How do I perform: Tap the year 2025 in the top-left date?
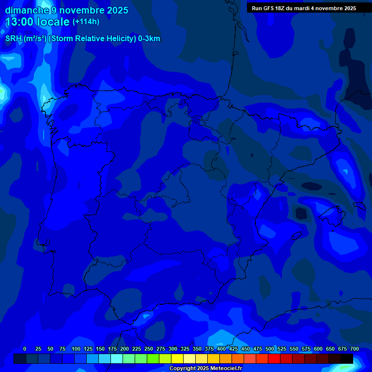pos(117,10)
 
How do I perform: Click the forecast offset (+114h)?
pos(86,22)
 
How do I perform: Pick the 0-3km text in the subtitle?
pos(149,39)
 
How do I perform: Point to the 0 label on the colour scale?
pos(25,349)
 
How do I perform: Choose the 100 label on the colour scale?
pos(76,349)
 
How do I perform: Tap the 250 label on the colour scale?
pos(149,349)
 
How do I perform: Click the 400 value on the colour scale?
pos(221,349)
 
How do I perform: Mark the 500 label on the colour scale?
pos(270,349)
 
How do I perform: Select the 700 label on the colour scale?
pos(355,349)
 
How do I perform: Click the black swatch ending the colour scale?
pos(346,359)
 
